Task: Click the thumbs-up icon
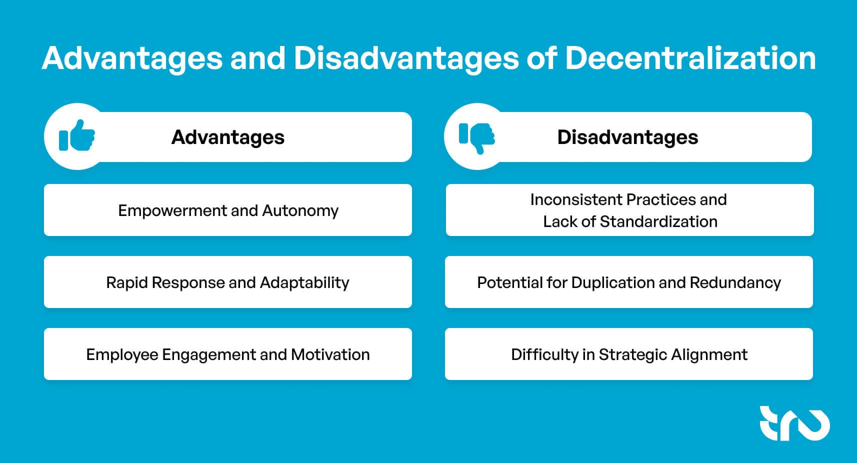click(76, 135)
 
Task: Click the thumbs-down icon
click(476, 137)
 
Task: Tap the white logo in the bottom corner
click(794, 423)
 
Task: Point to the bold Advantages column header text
click(228, 137)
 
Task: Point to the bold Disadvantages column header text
click(627, 137)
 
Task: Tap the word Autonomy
click(300, 210)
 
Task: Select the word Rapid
click(127, 282)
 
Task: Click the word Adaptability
click(304, 283)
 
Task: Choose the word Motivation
click(330, 354)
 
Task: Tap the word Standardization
click(658, 221)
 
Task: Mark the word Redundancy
click(735, 282)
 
